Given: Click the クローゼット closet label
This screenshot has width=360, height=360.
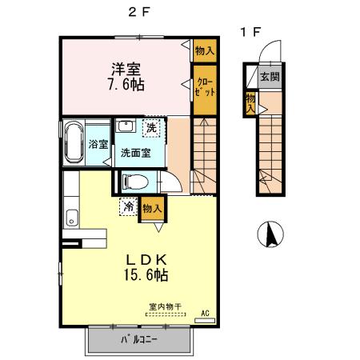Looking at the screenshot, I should (205, 86).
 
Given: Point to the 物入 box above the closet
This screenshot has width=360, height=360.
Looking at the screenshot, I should (205, 50).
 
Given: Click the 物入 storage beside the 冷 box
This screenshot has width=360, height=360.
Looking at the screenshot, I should (152, 207).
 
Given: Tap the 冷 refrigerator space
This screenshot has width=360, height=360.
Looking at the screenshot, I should (129, 207).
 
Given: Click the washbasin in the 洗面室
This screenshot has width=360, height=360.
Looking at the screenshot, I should (126, 127).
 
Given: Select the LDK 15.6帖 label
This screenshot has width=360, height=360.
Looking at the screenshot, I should (144, 266).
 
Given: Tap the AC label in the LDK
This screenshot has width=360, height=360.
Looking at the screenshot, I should (204, 313).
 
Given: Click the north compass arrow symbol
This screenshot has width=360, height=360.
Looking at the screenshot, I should (271, 234).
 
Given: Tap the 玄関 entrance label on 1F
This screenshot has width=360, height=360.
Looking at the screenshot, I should (269, 78).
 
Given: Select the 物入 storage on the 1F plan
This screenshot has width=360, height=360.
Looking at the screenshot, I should (250, 102).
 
